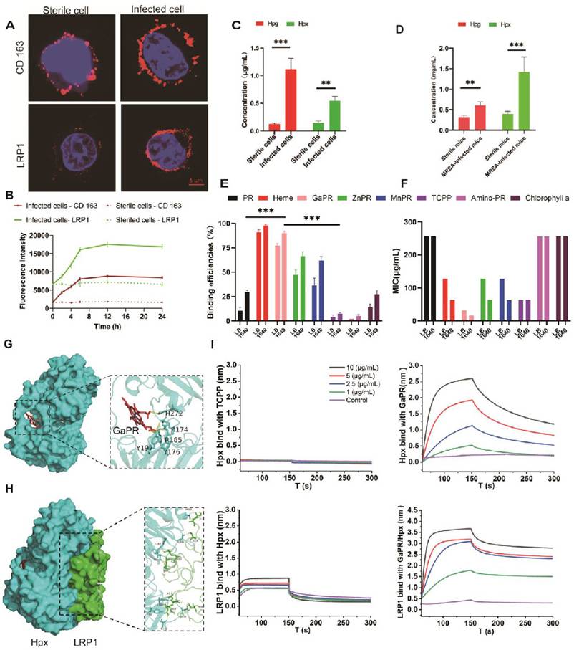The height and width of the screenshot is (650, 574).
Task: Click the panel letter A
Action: click(9, 27)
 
